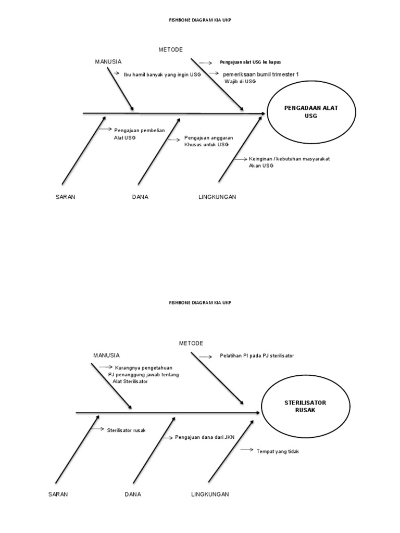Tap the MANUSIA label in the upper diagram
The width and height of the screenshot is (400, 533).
(x=108, y=62)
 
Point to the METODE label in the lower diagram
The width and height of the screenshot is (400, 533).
(x=191, y=344)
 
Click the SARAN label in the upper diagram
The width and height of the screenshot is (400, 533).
(x=66, y=197)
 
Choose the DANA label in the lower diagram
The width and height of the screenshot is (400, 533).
(x=133, y=494)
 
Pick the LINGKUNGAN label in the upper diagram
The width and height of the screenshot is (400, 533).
(x=217, y=197)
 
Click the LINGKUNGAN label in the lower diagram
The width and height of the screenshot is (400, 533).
(x=210, y=494)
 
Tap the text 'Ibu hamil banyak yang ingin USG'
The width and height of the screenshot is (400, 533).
(x=162, y=74)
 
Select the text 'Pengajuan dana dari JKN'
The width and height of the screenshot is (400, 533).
(x=205, y=437)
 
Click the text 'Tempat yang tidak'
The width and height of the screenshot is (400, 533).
(x=278, y=451)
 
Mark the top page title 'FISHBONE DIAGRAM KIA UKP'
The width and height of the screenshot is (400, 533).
(x=200, y=21)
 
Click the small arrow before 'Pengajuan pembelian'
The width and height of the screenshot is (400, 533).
(x=105, y=129)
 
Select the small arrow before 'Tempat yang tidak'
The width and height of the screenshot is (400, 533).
(x=247, y=449)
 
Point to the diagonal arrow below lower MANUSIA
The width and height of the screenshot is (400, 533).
(x=111, y=386)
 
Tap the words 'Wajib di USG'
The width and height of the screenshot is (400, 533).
(x=240, y=82)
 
